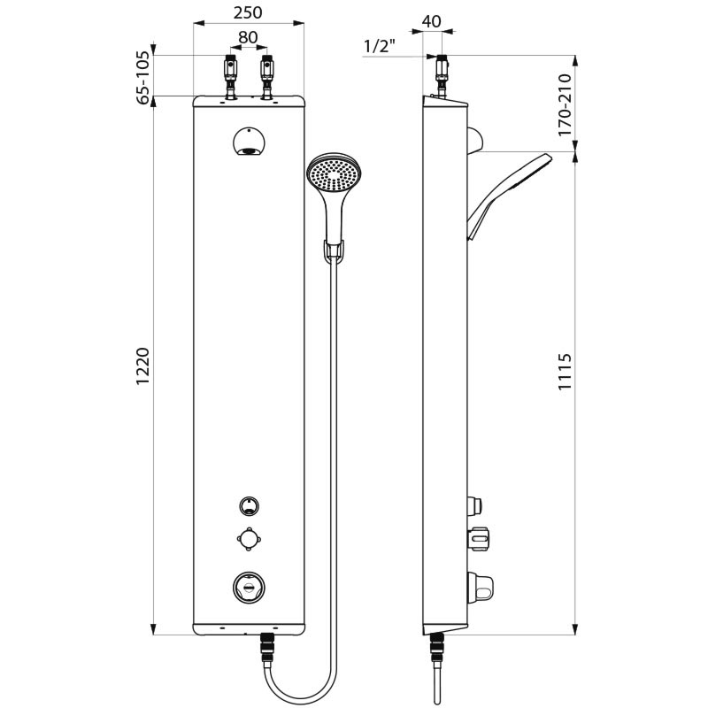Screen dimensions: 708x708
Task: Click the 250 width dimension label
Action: [248, 13]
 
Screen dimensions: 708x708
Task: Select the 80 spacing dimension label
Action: [248, 39]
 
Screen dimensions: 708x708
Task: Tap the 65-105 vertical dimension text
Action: [143, 78]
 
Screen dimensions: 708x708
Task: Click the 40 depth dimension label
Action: [431, 21]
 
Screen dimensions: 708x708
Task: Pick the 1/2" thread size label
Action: [380, 45]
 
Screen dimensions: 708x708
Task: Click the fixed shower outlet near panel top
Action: [249, 142]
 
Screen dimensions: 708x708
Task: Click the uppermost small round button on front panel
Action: [249, 506]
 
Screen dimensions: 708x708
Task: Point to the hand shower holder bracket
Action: [333, 251]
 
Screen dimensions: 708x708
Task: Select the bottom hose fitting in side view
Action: [436, 650]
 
